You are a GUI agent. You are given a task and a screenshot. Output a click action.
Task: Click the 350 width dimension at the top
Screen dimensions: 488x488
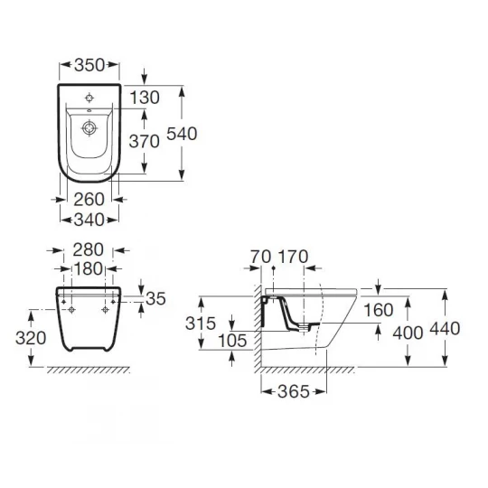(x=89, y=65)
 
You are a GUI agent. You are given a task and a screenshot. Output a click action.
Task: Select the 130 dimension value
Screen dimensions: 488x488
(x=145, y=98)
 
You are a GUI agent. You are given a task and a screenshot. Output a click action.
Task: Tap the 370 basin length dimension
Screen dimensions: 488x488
(x=144, y=141)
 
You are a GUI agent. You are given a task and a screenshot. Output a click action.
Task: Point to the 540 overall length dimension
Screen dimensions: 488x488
(x=182, y=134)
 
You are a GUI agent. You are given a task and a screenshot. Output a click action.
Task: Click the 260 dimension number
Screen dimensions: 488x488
(x=89, y=200)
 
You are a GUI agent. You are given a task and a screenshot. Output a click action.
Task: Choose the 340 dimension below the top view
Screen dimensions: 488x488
(x=89, y=220)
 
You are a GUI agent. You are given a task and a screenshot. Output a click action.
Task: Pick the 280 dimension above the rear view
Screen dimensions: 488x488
(x=88, y=250)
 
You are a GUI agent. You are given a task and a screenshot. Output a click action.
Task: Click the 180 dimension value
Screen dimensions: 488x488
(x=88, y=268)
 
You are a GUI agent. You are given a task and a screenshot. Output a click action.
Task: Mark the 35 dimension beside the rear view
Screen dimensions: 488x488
(x=155, y=299)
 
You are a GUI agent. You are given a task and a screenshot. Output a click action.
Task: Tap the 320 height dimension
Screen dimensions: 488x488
(x=31, y=338)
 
